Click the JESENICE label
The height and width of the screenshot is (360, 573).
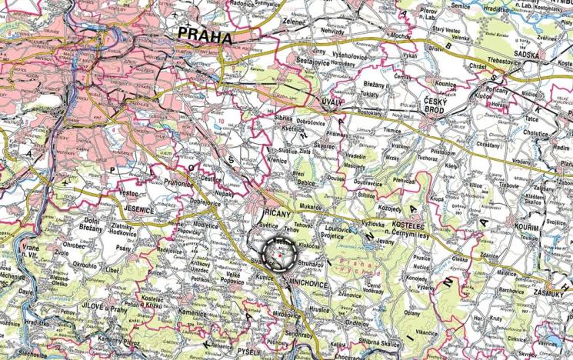(135, 208)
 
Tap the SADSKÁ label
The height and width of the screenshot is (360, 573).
(542, 55)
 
